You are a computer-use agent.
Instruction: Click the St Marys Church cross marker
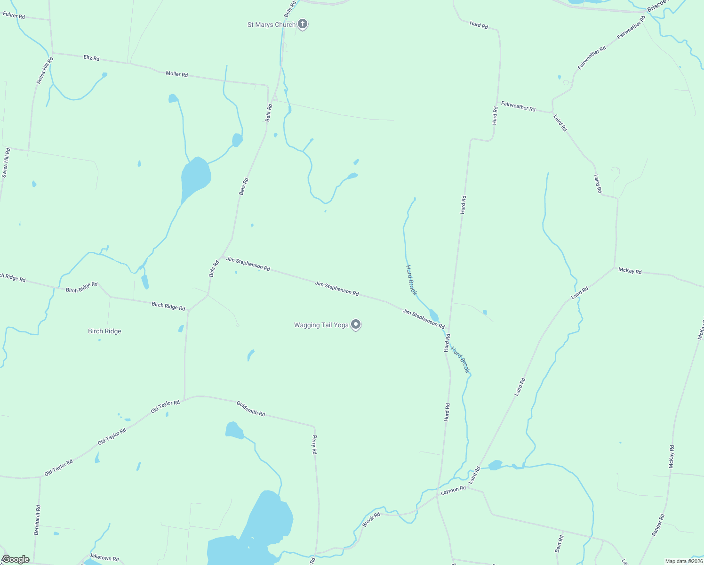pos(303,24)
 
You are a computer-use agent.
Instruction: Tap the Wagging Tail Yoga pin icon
pos(356,324)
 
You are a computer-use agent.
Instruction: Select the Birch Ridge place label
pos(104,331)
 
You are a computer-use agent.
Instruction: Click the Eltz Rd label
pos(91,58)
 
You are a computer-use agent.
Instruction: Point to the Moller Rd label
pos(176,74)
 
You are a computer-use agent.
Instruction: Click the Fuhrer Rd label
pos(14,15)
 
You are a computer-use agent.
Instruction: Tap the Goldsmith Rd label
pos(250,408)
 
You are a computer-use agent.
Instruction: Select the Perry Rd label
pos(314,444)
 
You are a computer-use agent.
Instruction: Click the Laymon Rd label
pos(453,490)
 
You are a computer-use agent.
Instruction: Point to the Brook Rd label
pos(371,520)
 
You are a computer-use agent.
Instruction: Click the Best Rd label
pos(559,544)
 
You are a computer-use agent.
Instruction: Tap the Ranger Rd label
pos(658,525)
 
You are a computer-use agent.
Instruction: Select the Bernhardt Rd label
pos(37,520)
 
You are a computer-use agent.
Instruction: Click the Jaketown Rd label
pos(104,557)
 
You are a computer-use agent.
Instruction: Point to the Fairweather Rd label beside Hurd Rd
pos(518,106)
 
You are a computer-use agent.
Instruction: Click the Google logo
pos(16,559)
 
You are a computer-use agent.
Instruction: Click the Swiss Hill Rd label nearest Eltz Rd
pos(45,71)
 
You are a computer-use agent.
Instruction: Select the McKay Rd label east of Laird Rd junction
pos(630,271)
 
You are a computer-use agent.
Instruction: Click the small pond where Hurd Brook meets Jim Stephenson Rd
pos(434,315)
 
